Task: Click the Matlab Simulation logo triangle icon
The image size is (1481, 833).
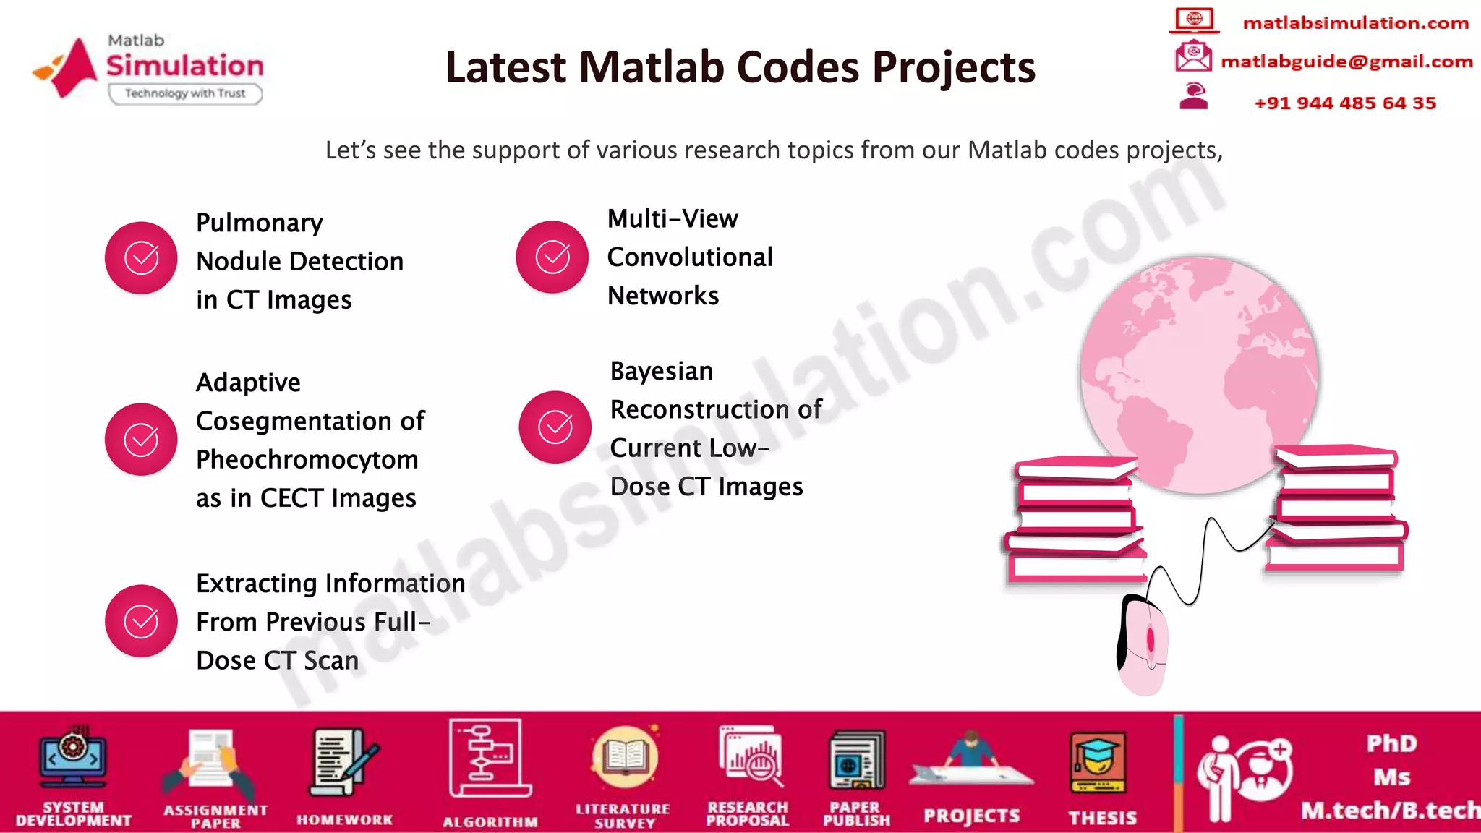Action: point(72,67)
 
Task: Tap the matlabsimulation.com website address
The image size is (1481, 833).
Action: point(1355,23)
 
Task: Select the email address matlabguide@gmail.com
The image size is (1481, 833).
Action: point(1346,61)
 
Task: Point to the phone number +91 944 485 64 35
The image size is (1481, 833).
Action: point(1344,103)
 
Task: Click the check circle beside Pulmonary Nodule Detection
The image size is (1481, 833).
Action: point(141,258)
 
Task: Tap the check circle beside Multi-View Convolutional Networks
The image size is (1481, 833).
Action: point(552,257)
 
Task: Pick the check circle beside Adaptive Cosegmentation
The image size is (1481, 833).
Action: point(141,439)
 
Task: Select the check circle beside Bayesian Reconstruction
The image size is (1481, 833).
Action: point(555,427)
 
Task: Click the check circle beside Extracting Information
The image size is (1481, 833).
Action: point(141,620)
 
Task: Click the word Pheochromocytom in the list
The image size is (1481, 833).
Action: point(307,460)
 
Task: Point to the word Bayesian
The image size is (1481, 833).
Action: point(661,371)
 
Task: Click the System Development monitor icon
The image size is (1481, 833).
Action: point(73,759)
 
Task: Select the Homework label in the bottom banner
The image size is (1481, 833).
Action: point(344,820)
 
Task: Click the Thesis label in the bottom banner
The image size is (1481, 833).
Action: point(1102,818)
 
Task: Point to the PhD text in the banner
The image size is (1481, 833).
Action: point(1391,743)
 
